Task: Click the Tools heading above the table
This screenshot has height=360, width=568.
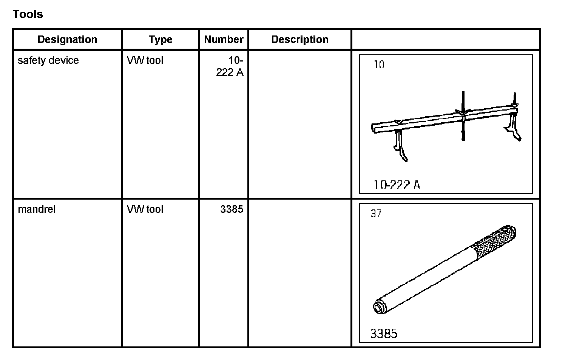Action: click(28, 14)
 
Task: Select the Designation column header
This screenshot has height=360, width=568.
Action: click(68, 40)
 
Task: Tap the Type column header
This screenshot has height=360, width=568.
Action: click(160, 40)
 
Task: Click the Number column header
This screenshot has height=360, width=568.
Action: click(224, 40)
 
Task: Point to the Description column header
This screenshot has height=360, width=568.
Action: click(300, 40)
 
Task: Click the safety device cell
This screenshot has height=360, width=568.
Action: click(48, 60)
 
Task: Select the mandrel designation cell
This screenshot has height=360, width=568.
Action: click(37, 209)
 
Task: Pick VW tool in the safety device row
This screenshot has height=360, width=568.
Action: click(145, 60)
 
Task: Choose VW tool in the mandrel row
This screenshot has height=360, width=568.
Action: click(145, 209)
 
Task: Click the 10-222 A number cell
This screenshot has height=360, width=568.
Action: click(230, 66)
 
